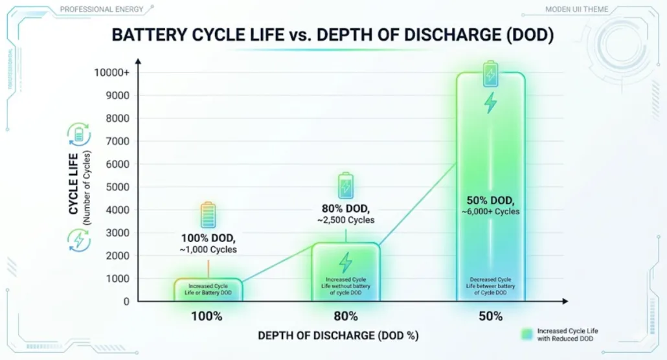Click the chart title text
pyautogui.click(x=333, y=35)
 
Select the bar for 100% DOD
pyautogui.click(x=207, y=289)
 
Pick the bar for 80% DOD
pyautogui.click(x=346, y=272)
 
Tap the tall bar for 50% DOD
pyautogui.click(x=490, y=188)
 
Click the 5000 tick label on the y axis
pyautogui.click(x=118, y=187)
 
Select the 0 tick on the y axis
pyautogui.click(x=126, y=301)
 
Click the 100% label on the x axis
pyautogui.click(x=207, y=317)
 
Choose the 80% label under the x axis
pyautogui.click(x=346, y=317)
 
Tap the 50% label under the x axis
pyautogui.click(x=491, y=317)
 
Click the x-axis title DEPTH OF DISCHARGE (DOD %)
pyautogui.click(x=338, y=335)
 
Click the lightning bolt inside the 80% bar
pyautogui.click(x=346, y=262)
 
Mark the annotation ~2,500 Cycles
pyautogui.click(x=346, y=220)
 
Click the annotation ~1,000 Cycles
pyautogui.click(x=208, y=249)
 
